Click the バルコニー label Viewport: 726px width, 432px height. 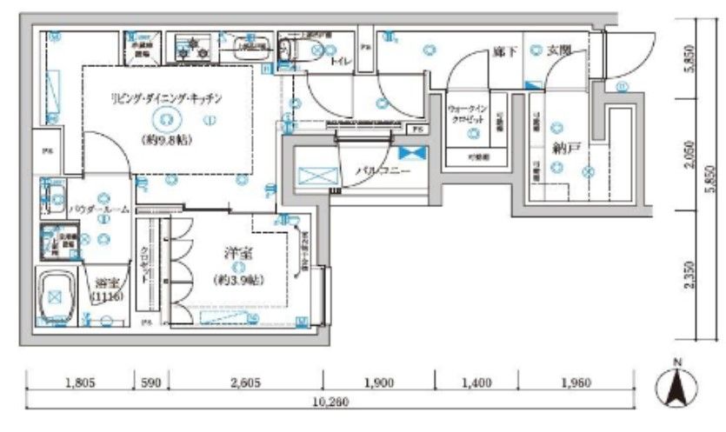[x=376, y=171]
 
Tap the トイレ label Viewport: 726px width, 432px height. [x=339, y=60]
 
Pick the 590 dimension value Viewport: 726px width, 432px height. [x=150, y=382]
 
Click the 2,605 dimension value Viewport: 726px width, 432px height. [x=244, y=382]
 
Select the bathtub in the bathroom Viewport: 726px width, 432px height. [x=56, y=296]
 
